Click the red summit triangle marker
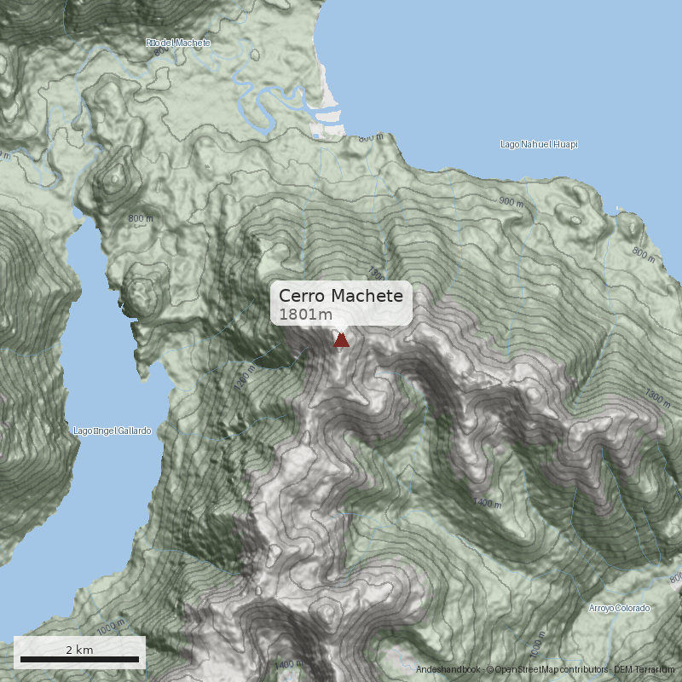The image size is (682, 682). (341, 340)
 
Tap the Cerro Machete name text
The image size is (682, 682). (340, 296)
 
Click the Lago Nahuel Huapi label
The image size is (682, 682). (538, 145)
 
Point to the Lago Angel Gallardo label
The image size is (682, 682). (112, 431)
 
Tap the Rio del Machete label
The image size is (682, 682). (177, 43)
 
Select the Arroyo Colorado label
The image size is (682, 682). (619, 609)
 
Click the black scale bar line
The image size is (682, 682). (79, 659)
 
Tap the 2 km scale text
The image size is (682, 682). (79, 650)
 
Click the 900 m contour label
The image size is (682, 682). (511, 202)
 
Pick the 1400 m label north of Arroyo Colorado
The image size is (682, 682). (487, 504)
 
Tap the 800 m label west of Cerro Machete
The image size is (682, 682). (141, 218)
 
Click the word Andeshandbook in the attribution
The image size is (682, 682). (448, 670)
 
